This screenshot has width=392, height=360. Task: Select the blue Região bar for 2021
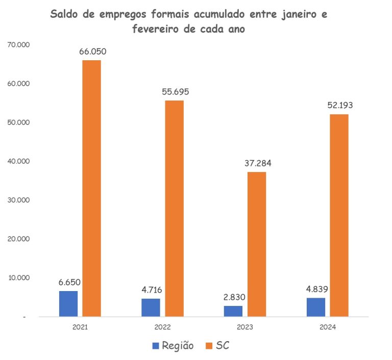68,304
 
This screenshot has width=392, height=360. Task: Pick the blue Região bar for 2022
151,307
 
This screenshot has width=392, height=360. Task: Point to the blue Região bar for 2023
233,311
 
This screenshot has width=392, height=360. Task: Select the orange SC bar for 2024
339,215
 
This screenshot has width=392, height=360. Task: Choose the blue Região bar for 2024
316,307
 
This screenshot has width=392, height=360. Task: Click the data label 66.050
92,52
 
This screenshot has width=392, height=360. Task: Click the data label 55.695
175,92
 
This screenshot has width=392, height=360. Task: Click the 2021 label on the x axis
80,327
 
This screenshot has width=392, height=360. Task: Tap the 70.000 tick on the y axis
19,45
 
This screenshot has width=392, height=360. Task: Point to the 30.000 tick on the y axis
19,200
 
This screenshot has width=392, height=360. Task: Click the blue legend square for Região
156,346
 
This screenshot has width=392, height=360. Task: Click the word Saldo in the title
66,15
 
